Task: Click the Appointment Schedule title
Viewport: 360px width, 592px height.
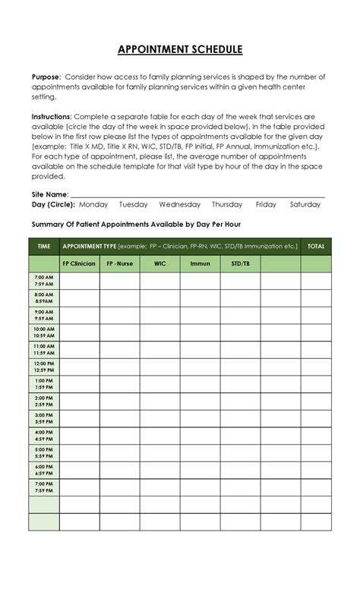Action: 180,50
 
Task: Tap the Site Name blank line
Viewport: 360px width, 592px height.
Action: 197,195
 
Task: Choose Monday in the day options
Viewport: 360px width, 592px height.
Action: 93,205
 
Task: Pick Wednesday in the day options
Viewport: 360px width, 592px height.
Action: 180,205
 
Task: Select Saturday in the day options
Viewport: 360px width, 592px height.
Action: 305,205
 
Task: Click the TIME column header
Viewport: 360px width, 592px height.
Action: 44,246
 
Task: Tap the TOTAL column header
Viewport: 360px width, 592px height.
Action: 316,246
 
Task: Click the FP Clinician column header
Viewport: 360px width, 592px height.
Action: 78,263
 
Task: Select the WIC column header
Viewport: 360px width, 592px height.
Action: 159,263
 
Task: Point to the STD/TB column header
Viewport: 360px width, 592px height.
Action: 240,263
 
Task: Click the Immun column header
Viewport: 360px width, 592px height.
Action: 200,263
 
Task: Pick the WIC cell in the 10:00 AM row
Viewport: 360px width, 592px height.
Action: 159,332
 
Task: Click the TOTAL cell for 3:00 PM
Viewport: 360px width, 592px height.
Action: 316,419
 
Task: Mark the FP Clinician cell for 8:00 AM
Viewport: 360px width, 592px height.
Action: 78,298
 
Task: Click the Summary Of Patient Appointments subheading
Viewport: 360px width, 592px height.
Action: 136,225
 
